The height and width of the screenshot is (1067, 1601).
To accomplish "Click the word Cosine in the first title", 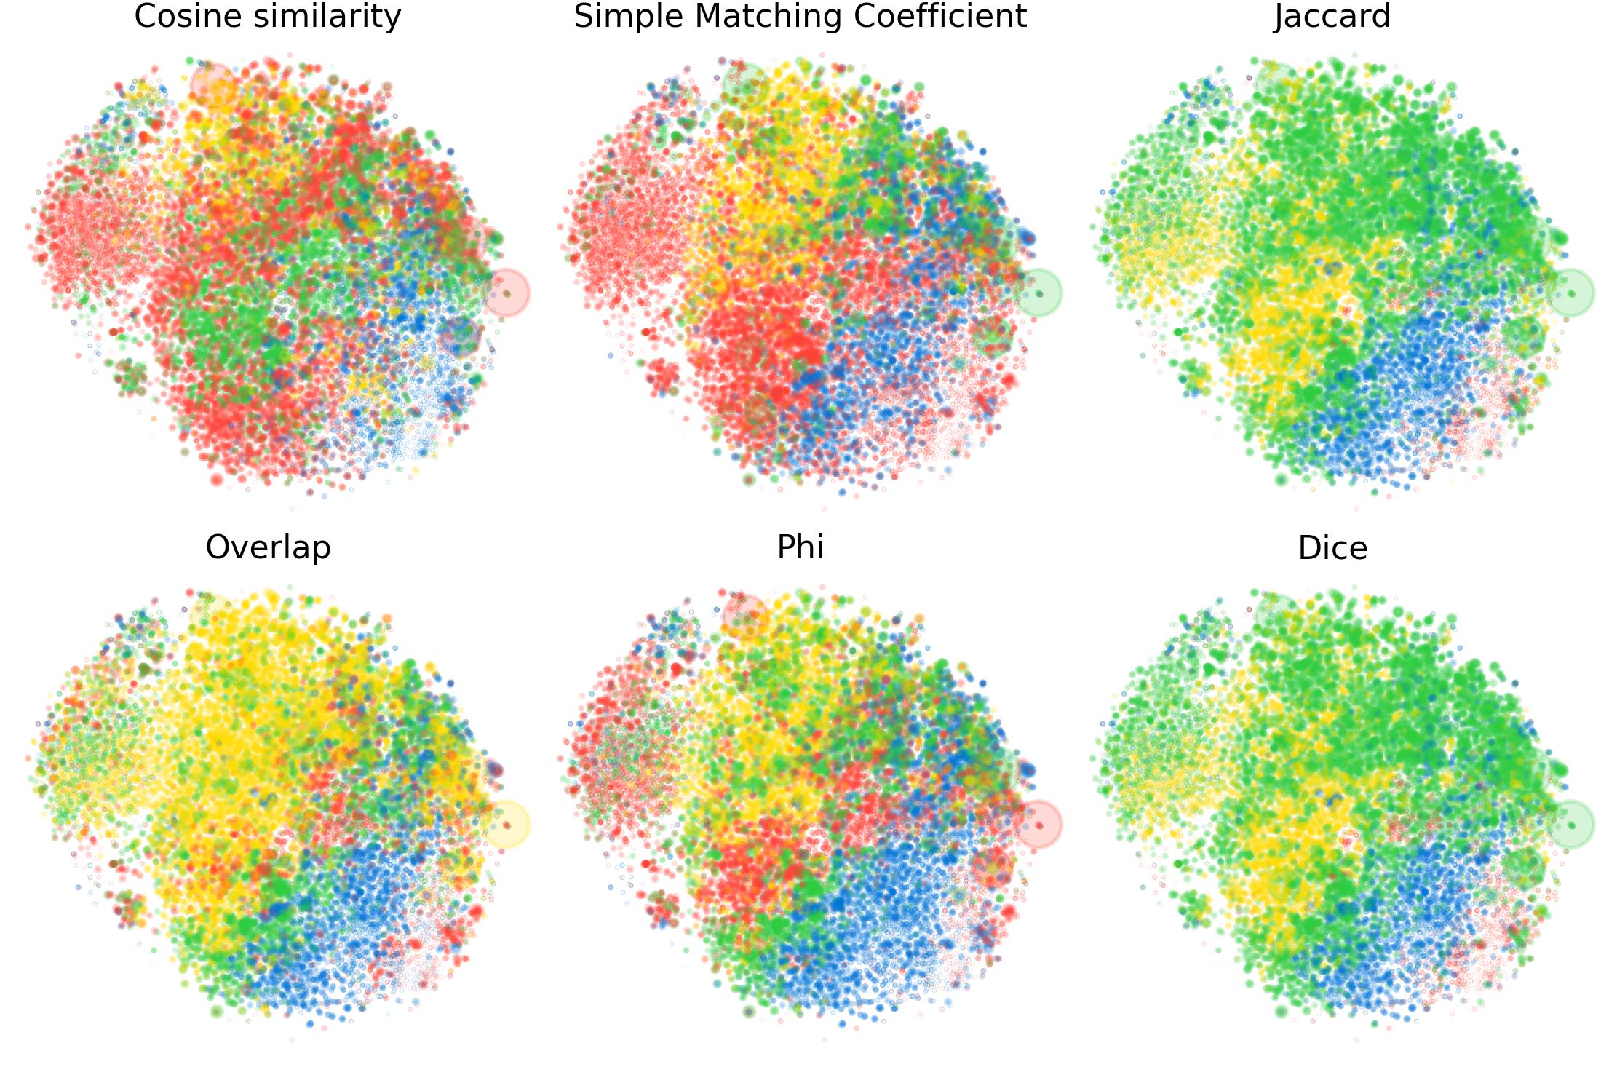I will (x=178, y=16).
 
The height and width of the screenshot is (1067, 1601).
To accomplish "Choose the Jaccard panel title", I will (x=1332, y=16).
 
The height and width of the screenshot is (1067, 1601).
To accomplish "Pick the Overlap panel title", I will (x=268, y=547).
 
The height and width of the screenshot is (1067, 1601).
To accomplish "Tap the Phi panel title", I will (x=800, y=547).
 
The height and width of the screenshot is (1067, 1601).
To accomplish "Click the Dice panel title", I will (x=1332, y=547).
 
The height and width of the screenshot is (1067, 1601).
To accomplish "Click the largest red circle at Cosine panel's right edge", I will (x=506, y=293).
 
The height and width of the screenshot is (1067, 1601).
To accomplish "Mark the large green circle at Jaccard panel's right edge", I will (x=1571, y=293).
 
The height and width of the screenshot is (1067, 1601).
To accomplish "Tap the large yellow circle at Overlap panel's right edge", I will (x=506, y=824).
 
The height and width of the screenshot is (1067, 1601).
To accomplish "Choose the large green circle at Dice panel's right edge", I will (x=1571, y=824).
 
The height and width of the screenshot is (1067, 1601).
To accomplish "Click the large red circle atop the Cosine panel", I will (x=213, y=84).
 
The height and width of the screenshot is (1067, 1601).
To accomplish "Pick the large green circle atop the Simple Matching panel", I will (x=745, y=84).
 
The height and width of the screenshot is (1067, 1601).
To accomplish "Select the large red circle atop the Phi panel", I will (x=745, y=615).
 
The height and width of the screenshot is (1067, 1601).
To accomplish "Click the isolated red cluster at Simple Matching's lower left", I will (x=663, y=376).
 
